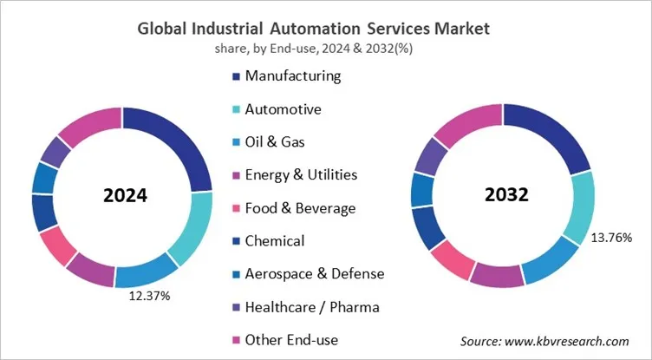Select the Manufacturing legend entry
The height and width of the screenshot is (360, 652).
(x=293, y=75)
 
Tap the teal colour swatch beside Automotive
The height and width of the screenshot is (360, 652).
(x=236, y=110)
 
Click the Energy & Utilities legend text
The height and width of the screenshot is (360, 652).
(x=301, y=175)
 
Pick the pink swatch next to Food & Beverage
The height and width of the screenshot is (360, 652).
(x=236, y=209)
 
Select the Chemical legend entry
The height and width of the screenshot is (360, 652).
(x=275, y=240)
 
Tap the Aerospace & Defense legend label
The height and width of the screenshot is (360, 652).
(x=314, y=273)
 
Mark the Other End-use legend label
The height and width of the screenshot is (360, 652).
(x=291, y=339)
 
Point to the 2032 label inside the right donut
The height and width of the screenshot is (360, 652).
(x=504, y=195)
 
